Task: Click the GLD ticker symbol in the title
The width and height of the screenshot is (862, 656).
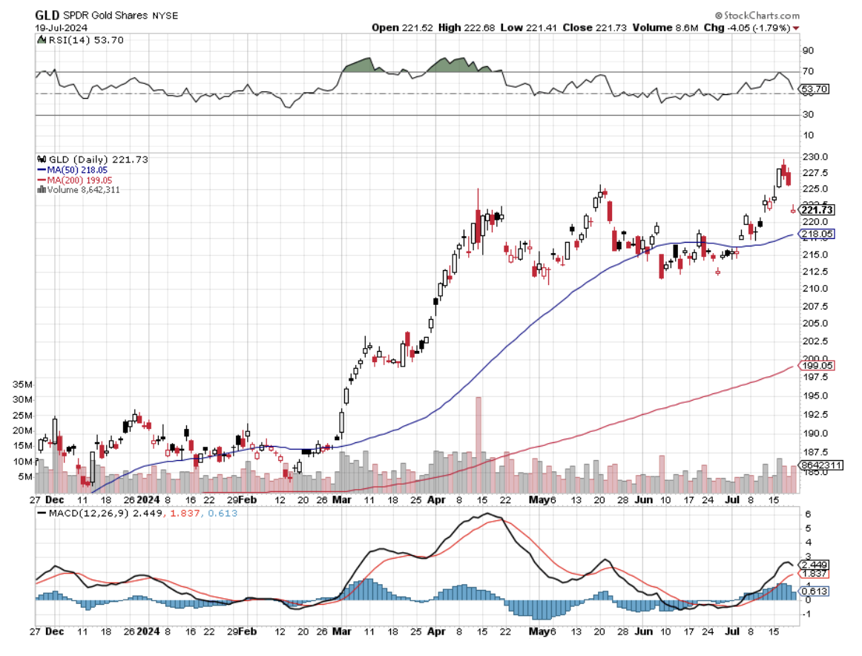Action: pos(47,15)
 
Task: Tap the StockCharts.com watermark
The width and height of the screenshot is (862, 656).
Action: pos(757,15)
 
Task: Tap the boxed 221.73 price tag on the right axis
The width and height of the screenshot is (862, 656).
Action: pos(816,210)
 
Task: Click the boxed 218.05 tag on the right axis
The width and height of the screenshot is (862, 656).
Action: pos(816,234)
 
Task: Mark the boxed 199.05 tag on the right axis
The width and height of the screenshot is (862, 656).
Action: pos(816,365)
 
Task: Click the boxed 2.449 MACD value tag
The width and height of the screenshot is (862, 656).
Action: pos(815,564)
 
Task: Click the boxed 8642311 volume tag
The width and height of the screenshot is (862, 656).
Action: pos(820,465)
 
